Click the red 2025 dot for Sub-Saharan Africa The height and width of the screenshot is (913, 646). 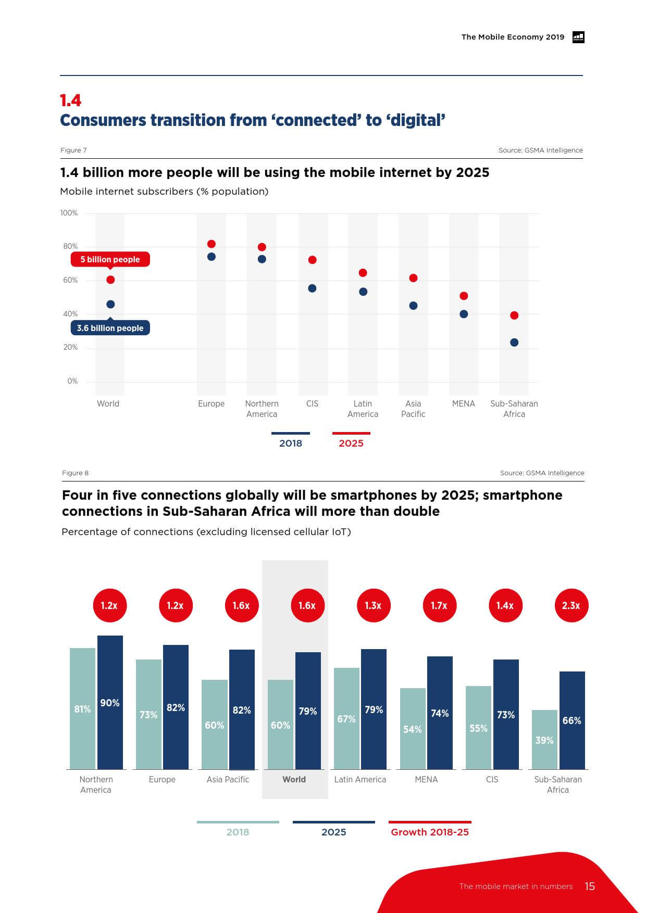coord(514,315)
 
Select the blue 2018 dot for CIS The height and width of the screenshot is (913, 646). coord(312,288)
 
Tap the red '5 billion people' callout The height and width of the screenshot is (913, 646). coord(110,259)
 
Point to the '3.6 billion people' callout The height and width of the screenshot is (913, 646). coord(110,328)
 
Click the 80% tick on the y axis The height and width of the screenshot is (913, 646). coord(70,246)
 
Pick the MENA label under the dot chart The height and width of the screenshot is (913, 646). coord(464,403)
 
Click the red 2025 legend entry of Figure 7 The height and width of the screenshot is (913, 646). coord(351,443)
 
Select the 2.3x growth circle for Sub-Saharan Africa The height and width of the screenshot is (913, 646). coord(571,605)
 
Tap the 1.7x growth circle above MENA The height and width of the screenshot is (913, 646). coord(439,605)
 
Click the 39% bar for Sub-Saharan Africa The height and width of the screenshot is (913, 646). coord(544,739)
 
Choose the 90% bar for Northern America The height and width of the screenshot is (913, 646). coord(110,702)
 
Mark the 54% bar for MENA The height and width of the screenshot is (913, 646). coord(413,728)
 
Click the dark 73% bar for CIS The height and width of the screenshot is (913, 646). coord(506,714)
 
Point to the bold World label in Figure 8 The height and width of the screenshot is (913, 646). coord(294,779)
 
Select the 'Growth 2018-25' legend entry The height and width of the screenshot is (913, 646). coord(430,832)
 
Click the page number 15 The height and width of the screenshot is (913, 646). coord(590,886)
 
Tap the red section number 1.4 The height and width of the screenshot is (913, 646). coord(71,100)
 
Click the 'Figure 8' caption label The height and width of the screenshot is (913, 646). coord(76,473)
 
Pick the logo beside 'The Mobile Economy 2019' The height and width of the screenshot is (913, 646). coord(578,37)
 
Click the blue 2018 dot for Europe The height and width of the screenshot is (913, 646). coord(212,257)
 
